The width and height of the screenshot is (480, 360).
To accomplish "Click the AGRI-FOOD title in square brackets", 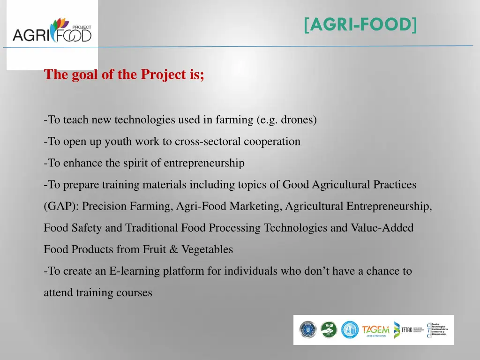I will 360,24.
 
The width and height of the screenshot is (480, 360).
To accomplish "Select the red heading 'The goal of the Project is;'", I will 124,75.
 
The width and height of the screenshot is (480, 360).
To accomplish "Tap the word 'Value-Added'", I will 382,228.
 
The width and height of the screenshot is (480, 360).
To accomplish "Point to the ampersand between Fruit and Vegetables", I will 173,249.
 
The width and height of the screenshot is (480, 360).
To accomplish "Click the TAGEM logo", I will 375,330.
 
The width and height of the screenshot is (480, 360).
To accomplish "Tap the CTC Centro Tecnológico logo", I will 438,330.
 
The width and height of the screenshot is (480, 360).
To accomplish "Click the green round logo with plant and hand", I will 329,330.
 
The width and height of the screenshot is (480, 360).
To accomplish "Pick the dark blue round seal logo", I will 308,330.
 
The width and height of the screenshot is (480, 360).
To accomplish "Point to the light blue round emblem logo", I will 350,330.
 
